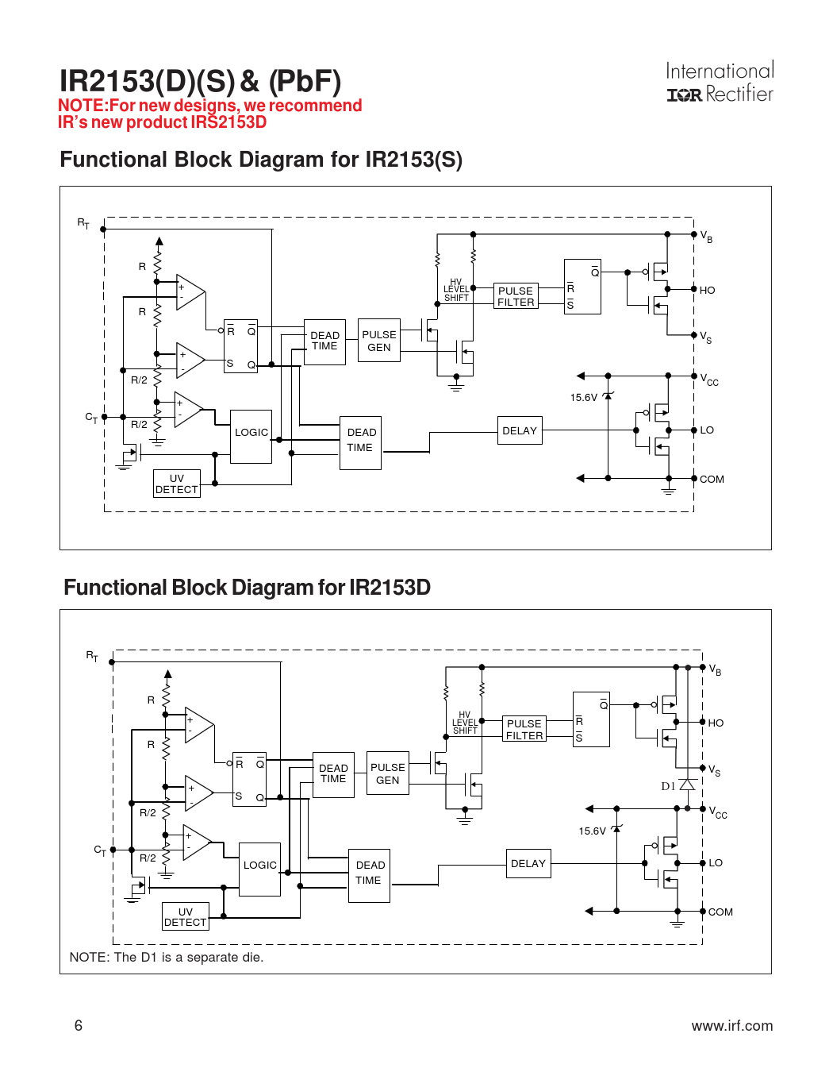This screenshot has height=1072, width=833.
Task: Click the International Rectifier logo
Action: click(720, 83)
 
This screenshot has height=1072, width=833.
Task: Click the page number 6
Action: click(79, 1025)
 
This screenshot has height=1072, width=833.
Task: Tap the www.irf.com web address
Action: click(731, 1025)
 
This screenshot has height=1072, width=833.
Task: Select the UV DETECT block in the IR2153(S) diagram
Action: click(176, 484)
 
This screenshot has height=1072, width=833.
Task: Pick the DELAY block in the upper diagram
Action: click(520, 430)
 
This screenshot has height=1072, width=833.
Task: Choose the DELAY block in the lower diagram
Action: click(528, 863)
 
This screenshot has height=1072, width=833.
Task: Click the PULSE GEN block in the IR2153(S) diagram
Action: click(379, 341)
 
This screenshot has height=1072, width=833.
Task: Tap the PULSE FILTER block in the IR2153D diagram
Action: click(524, 729)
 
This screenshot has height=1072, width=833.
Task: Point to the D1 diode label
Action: click(668, 786)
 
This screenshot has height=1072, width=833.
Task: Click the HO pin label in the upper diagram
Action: click(707, 291)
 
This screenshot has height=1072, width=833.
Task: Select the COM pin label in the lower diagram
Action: click(720, 912)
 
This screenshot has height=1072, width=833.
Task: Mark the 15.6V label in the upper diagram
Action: click(583, 398)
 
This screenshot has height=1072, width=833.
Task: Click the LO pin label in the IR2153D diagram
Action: click(716, 862)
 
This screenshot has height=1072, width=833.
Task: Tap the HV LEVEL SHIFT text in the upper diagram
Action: click(456, 290)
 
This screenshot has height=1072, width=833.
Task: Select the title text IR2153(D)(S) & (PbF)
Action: click(201, 81)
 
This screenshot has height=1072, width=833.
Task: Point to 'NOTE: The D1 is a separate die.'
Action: click(167, 957)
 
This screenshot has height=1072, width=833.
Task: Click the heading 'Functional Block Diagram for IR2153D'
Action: click(247, 588)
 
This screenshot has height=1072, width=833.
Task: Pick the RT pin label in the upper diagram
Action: click(83, 223)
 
